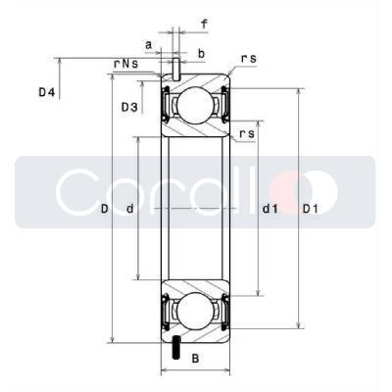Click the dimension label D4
pyautogui.click(x=46, y=93)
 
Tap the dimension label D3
pyautogui.click(x=129, y=107)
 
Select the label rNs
pyautogui.click(x=125, y=64)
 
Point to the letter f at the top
pyautogui.click(x=204, y=24)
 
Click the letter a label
pyautogui.click(x=149, y=45)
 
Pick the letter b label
pyautogui.click(x=202, y=54)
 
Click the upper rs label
pyautogui.click(x=249, y=59)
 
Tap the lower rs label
pyautogui.click(x=247, y=133)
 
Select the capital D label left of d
pyautogui.click(x=104, y=209)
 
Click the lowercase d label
pyautogui.click(x=130, y=209)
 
